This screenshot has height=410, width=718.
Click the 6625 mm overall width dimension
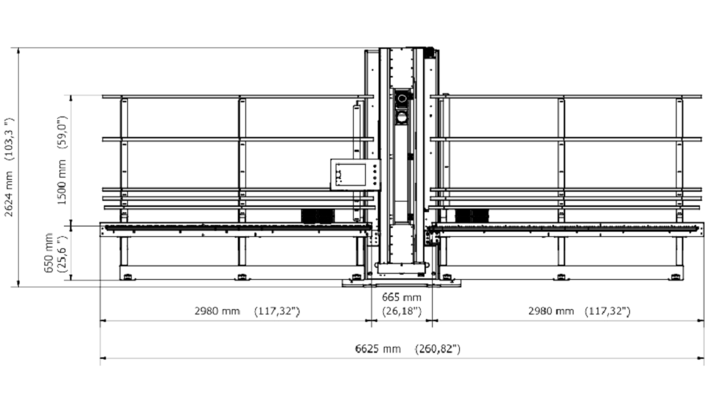[378, 349]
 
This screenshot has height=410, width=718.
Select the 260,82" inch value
[438, 349]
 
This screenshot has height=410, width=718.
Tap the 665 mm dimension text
[402, 297]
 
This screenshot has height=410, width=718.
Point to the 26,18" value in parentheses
[402, 311]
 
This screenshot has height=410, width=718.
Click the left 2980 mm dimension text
[217, 311]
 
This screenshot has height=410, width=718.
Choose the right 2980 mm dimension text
[551, 311]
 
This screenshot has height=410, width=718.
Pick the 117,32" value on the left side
[277, 311]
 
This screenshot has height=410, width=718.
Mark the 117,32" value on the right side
[607, 311]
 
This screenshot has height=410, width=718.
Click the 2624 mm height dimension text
[9, 193]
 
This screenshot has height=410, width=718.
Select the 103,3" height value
[9, 138]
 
